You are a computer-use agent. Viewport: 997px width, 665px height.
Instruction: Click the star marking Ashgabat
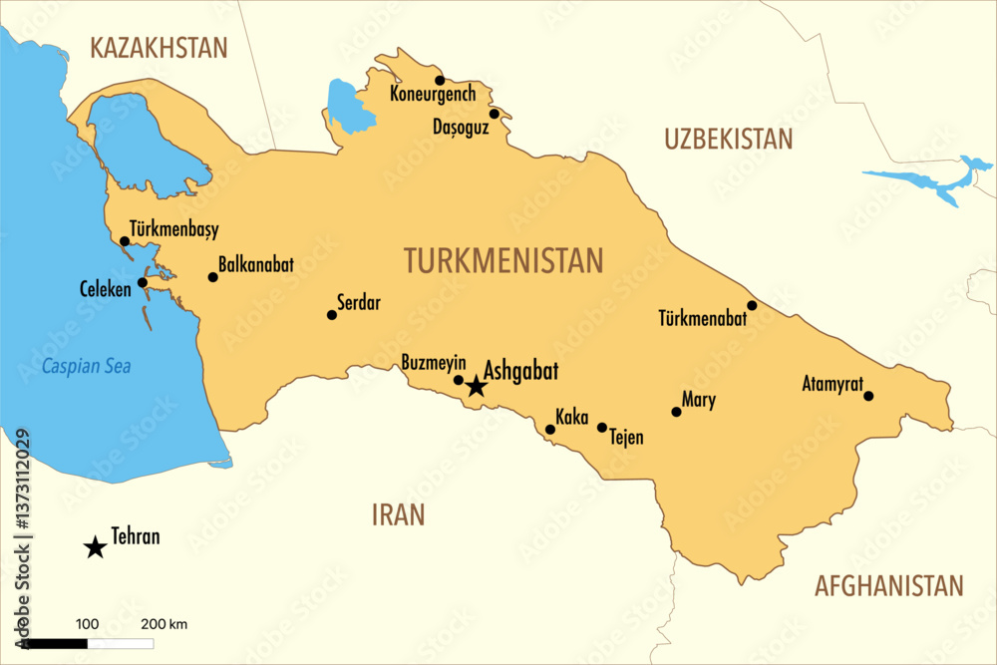coord(477,386)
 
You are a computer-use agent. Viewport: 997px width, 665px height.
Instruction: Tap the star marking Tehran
coord(95,546)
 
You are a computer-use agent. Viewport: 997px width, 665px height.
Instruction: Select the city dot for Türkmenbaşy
coord(125,241)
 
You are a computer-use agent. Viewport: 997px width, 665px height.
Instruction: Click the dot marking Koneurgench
coord(440,81)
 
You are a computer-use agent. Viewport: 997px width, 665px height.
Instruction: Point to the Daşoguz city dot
coord(494,114)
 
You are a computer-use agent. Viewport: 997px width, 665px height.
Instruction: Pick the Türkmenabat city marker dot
coord(752,305)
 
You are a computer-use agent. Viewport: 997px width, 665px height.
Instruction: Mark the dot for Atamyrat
coord(868,396)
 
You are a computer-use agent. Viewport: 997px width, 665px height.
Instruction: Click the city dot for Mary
coord(676,412)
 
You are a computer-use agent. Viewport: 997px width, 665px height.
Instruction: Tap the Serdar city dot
coord(332,315)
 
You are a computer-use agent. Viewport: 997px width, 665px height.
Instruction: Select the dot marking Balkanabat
coord(212,277)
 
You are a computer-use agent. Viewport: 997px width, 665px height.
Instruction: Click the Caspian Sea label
coord(86,366)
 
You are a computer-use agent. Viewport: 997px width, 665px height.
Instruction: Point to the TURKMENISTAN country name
coord(503,260)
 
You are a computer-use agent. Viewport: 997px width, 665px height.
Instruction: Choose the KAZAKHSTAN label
coord(159,47)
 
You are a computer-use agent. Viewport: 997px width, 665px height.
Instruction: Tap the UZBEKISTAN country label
coord(729,140)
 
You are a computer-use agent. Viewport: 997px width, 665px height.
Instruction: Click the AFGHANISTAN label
coord(889,585)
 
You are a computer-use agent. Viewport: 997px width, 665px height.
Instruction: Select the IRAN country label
coord(398,514)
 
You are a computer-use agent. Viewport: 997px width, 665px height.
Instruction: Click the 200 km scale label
coord(164,624)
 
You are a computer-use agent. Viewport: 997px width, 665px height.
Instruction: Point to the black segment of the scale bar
coord(56,643)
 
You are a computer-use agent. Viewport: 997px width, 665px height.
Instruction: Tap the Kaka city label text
coord(572,417)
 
